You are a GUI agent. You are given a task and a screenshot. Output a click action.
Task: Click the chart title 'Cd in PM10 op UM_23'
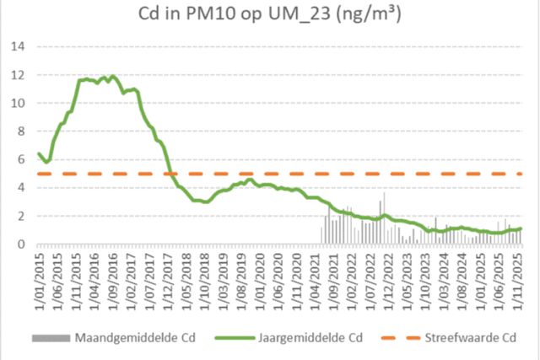pyautogui.click(x=270, y=15)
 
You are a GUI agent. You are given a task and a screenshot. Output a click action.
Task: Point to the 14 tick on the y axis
pyautogui.click(x=17, y=46)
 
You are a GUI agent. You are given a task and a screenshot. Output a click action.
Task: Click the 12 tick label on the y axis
pyautogui.click(x=17, y=75)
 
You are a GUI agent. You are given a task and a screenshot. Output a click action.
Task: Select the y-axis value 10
pyautogui.click(x=17, y=103)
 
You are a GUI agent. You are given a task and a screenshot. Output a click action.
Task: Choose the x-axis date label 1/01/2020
pyautogui.click(x=257, y=274)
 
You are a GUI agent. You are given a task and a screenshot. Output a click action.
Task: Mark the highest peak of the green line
pyautogui.click(x=112, y=76)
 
